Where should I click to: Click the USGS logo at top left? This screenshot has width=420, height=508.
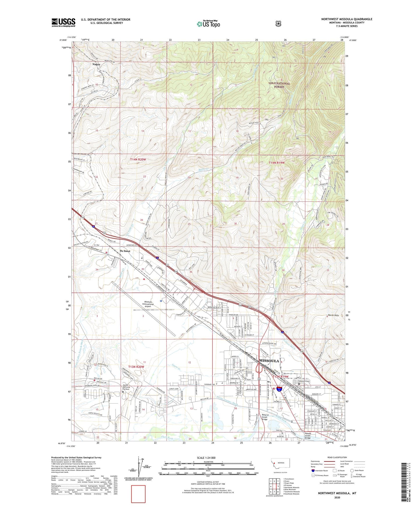click(x=63, y=22)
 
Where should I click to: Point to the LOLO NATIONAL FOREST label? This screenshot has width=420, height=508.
click(x=279, y=85)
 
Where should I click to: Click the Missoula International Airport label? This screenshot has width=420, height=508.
click(x=148, y=304)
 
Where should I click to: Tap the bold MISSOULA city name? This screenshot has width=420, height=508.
click(x=269, y=361)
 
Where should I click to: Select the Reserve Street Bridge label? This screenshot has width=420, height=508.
click(x=264, y=417)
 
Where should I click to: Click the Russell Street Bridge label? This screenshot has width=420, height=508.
click(x=308, y=436)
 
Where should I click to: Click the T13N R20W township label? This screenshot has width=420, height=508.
click(x=136, y=367)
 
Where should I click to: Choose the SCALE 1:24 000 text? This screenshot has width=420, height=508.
click(x=206, y=458)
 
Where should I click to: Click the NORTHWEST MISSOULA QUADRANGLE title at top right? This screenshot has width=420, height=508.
click(x=346, y=19)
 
